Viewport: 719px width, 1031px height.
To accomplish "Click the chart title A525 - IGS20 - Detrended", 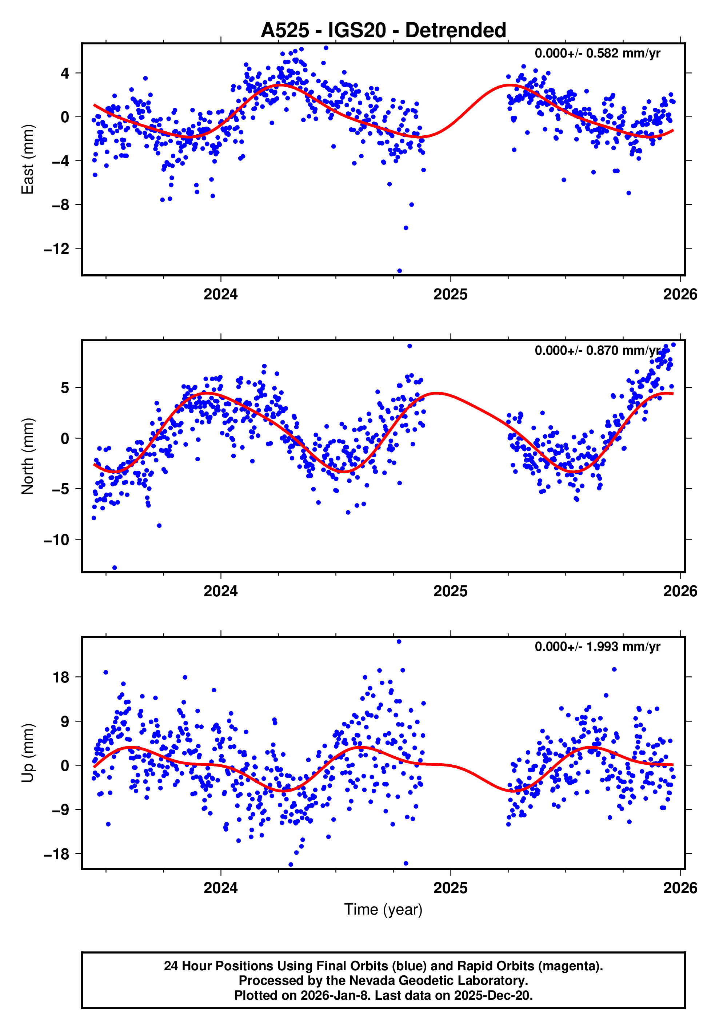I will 383,31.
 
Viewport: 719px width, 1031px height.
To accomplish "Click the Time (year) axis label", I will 383,909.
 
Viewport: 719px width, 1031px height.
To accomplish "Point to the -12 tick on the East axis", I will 56,249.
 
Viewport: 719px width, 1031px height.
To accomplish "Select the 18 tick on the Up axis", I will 61,677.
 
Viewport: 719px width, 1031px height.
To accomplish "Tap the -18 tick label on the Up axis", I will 56,854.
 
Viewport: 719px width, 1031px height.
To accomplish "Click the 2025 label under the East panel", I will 450,295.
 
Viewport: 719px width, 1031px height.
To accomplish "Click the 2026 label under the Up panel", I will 680,888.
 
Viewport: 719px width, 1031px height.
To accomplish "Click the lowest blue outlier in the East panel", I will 399,271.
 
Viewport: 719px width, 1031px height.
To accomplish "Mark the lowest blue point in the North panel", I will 115,568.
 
